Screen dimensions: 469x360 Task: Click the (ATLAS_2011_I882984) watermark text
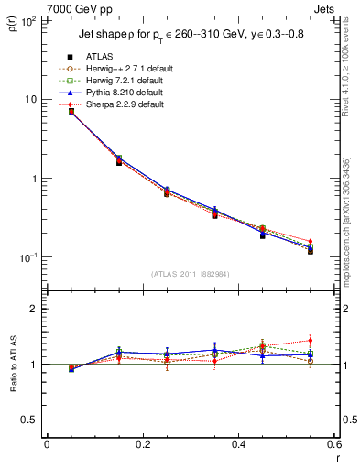[x=190, y=274]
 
